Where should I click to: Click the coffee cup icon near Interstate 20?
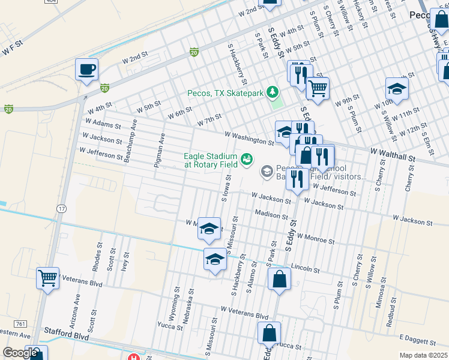click(x=87, y=69)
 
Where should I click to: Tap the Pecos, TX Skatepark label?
click(x=225, y=93)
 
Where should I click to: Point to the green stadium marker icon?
click(x=246, y=160)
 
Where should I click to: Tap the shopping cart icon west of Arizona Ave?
click(x=47, y=278)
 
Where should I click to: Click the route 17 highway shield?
click(x=61, y=208)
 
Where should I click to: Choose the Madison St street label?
click(x=271, y=214)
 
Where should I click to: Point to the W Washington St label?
click(x=250, y=138)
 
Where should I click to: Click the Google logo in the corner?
click(x=20, y=353)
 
